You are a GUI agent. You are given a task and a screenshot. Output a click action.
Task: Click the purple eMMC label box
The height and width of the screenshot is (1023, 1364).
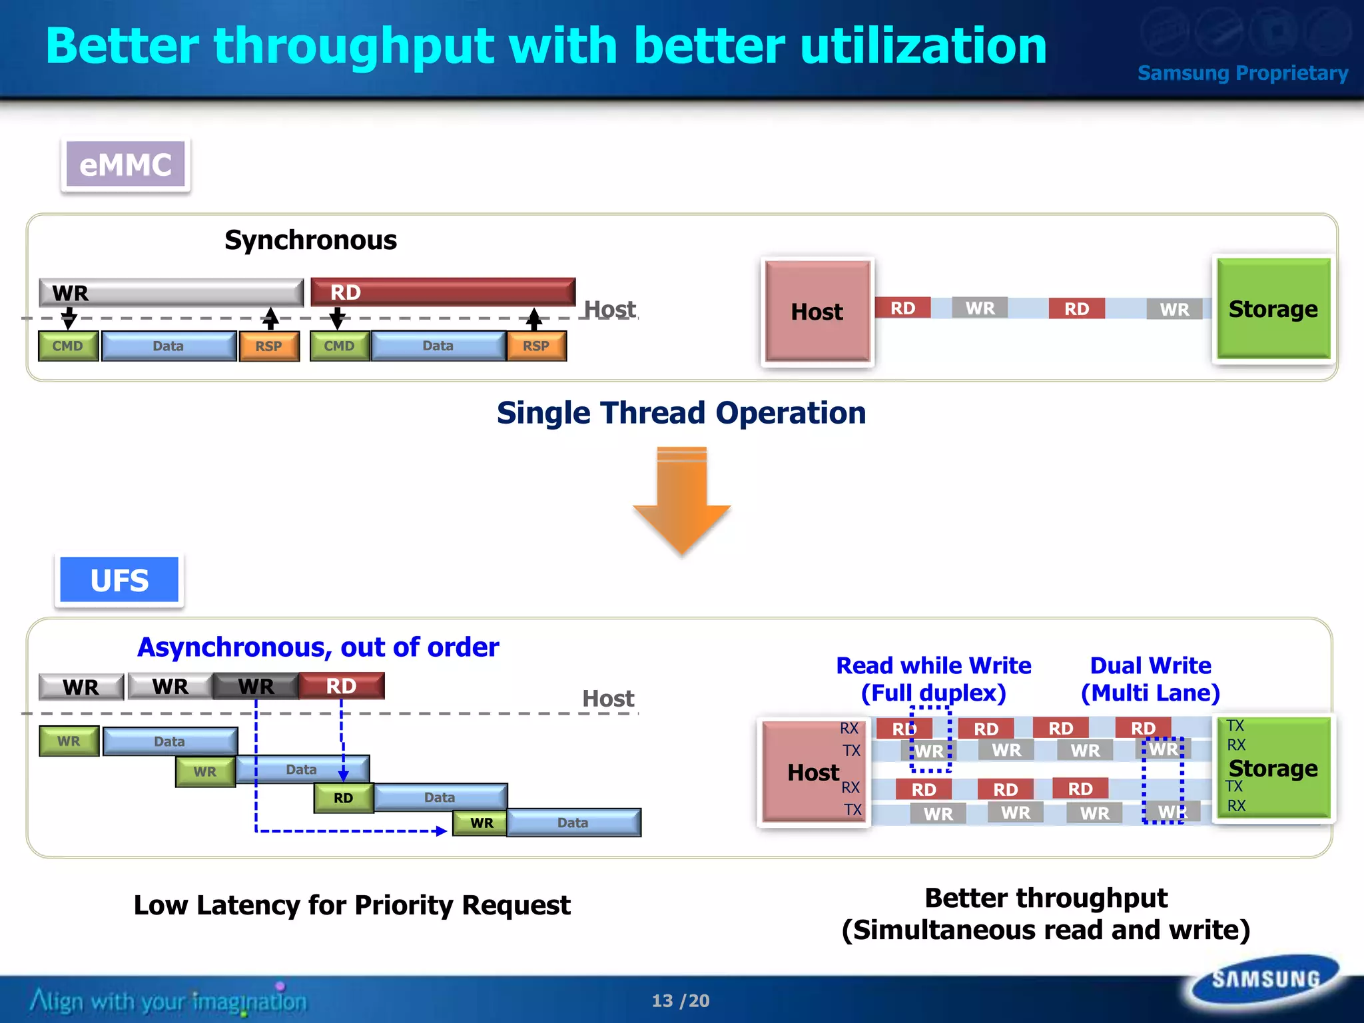(x=125, y=165)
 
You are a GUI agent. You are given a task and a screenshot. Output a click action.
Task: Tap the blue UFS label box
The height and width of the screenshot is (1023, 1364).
(x=119, y=580)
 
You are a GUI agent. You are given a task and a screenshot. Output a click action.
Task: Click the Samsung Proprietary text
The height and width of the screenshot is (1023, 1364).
(x=1242, y=73)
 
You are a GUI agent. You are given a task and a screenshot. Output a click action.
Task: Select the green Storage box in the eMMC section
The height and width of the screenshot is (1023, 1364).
(x=1273, y=309)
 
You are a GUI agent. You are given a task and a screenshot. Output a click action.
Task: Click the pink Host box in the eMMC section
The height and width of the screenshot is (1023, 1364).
(x=817, y=312)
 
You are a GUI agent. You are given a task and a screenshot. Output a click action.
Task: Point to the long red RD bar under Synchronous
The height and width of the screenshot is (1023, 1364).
(x=443, y=292)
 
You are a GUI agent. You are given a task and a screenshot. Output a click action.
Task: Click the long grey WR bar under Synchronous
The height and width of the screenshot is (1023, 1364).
(x=171, y=292)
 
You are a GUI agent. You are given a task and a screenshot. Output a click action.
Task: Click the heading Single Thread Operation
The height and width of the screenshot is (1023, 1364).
(x=681, y=413)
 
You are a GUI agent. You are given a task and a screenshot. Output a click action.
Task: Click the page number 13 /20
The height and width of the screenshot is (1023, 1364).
(x=681, y=1000)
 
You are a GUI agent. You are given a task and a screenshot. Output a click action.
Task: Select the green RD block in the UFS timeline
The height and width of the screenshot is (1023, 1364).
(x=343, y=798)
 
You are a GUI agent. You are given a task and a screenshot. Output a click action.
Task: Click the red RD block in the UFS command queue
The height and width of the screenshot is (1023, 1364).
(x=342, y=686)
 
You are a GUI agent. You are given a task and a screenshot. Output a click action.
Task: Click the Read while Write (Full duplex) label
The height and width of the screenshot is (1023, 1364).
(x=933, y=679)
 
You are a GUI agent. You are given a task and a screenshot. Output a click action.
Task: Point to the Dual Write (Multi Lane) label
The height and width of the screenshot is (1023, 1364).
(x=1150, y=679)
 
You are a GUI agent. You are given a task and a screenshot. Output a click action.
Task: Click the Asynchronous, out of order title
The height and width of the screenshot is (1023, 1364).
(x=318, y=647)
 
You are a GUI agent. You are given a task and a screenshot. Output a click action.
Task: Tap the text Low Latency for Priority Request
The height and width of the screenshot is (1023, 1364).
(x=352, y=905)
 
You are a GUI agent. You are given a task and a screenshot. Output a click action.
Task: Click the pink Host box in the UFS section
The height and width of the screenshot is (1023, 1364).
(x=813, y=773)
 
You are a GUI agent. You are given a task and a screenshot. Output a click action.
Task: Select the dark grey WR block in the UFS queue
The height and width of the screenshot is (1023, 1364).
(x=256, y=686)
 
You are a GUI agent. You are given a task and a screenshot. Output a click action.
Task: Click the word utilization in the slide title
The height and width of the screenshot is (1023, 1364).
(x=923, y=46)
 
